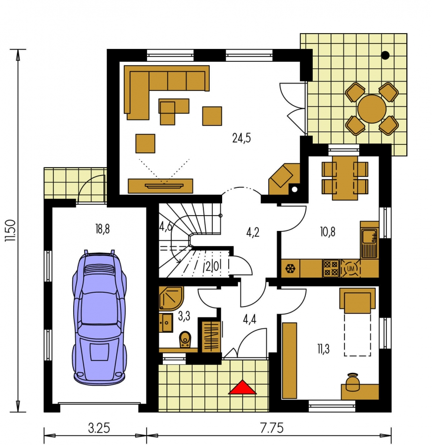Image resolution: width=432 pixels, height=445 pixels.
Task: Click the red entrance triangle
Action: (x=242, y=388)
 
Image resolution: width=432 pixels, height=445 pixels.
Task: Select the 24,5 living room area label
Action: (x=241, y=138)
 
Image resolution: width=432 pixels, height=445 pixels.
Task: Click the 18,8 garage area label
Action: (x=102, y=229)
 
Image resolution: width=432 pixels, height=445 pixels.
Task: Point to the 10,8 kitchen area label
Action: (x=328, y=232)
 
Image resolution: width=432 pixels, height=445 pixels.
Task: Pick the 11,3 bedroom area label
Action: (x=323, y=349)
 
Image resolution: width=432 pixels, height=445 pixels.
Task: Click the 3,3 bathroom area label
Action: (x=184, y=316)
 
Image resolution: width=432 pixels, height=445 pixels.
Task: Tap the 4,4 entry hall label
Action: (x=250, y=319)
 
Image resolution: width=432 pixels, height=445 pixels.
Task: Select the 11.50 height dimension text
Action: (x=10, y=230)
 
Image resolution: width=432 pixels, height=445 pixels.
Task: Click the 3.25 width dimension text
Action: (x=99, y=428)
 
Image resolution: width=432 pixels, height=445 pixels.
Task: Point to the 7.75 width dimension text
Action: (x=272, y=428)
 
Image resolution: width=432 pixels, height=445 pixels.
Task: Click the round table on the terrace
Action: (x=372, y=109)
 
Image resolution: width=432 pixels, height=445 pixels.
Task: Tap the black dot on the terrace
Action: (x=385, y=55)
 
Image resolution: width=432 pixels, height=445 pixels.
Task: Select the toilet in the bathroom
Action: (x=185, y=339)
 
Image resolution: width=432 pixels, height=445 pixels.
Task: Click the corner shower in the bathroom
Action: (x=171, y=298)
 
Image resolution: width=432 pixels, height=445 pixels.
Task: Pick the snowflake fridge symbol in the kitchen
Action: (x=290, y=268)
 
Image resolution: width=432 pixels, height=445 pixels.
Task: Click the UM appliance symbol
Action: (x=350, y=268)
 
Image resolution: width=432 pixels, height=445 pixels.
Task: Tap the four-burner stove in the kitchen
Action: (x=331, y=268)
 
